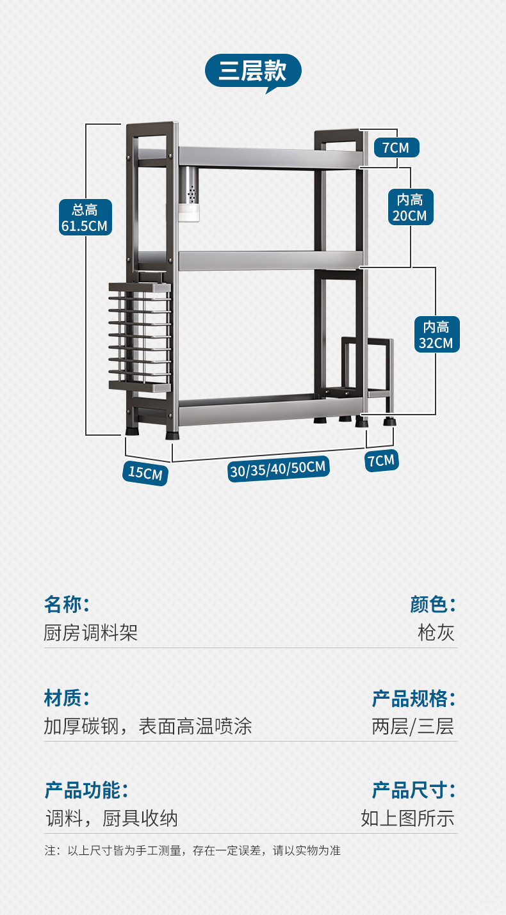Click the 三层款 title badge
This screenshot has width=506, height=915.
point(252,71)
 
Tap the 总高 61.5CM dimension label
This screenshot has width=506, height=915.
point(85,217)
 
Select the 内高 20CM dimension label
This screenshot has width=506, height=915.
point(410,207)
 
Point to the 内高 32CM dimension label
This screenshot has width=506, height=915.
point(436,335)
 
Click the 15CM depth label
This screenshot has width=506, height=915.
point(145,473)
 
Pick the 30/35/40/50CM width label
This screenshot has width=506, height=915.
point(279,468)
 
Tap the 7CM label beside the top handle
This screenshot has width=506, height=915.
point(396,148)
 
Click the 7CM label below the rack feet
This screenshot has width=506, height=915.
point(381,461)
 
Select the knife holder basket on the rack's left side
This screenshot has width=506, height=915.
point(141,336)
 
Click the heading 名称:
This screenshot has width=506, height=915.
point(67,603)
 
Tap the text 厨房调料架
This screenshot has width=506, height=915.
point(91,633)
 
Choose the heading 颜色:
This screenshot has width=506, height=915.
point(433,603)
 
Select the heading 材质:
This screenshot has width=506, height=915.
point(67,697)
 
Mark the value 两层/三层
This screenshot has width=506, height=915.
point(412,727)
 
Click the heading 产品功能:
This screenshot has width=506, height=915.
point(86,790)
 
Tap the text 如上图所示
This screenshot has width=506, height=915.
point(407,818)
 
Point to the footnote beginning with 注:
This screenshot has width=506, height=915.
point(192,851)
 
